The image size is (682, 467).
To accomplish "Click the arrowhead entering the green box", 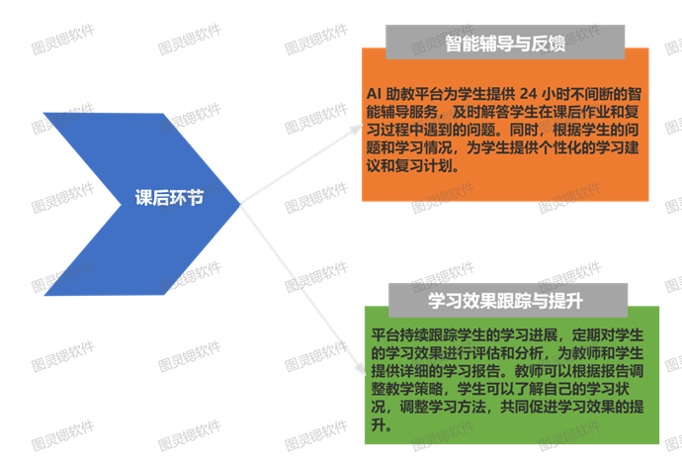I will [359, 369].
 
